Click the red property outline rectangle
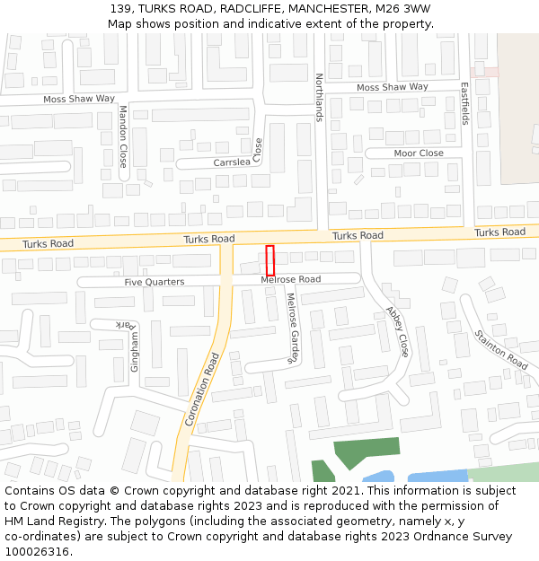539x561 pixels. [269, 260]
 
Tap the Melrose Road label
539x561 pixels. [290, 280]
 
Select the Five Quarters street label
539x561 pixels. [154, 282]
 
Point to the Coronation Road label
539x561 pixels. [202, 388]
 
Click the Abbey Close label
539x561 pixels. [397, 331]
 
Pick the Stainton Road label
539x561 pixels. [500, 350]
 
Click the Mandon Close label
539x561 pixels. [123, 136]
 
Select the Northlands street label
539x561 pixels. [318, 97]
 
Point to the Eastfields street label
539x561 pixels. [464, 104]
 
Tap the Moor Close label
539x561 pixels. [419, 153]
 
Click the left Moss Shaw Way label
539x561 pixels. [79, 99]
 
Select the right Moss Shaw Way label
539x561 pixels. [393, 87]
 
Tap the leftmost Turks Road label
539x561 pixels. [48, 244]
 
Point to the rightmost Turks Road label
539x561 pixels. [499, 232]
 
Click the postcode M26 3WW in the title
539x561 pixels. [402, 9]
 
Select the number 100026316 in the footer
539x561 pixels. [36, 552]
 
